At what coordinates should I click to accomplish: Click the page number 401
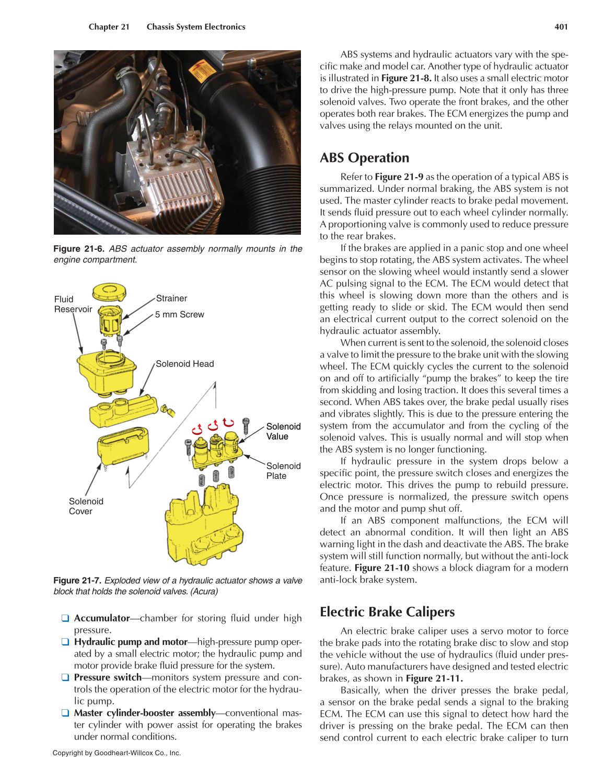(x=561, y=27)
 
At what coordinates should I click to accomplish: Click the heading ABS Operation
(x=364, y=158)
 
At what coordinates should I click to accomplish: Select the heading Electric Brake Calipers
(x=387, y=612)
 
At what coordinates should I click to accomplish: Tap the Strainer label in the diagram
(x=171, y=298)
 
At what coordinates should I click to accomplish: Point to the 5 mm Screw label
(x=179, y=315)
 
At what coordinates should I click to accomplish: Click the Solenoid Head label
(x=184, y=364)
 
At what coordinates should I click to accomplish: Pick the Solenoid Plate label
(x=283, y=471)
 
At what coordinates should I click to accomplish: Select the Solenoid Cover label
(x=86, y=506)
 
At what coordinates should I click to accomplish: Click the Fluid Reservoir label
(x=73, y=304)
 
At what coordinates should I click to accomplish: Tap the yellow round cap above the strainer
(x=109, y=292)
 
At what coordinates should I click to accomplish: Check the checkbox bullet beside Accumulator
(x=65, y=618)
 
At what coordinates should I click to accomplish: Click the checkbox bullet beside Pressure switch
(x=65, y=677)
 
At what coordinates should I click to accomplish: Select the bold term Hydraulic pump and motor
(x=131, y=642)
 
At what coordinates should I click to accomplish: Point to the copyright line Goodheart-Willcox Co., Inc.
(x=117, y=753)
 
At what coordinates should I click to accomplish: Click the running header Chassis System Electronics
(x=195, y=27)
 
